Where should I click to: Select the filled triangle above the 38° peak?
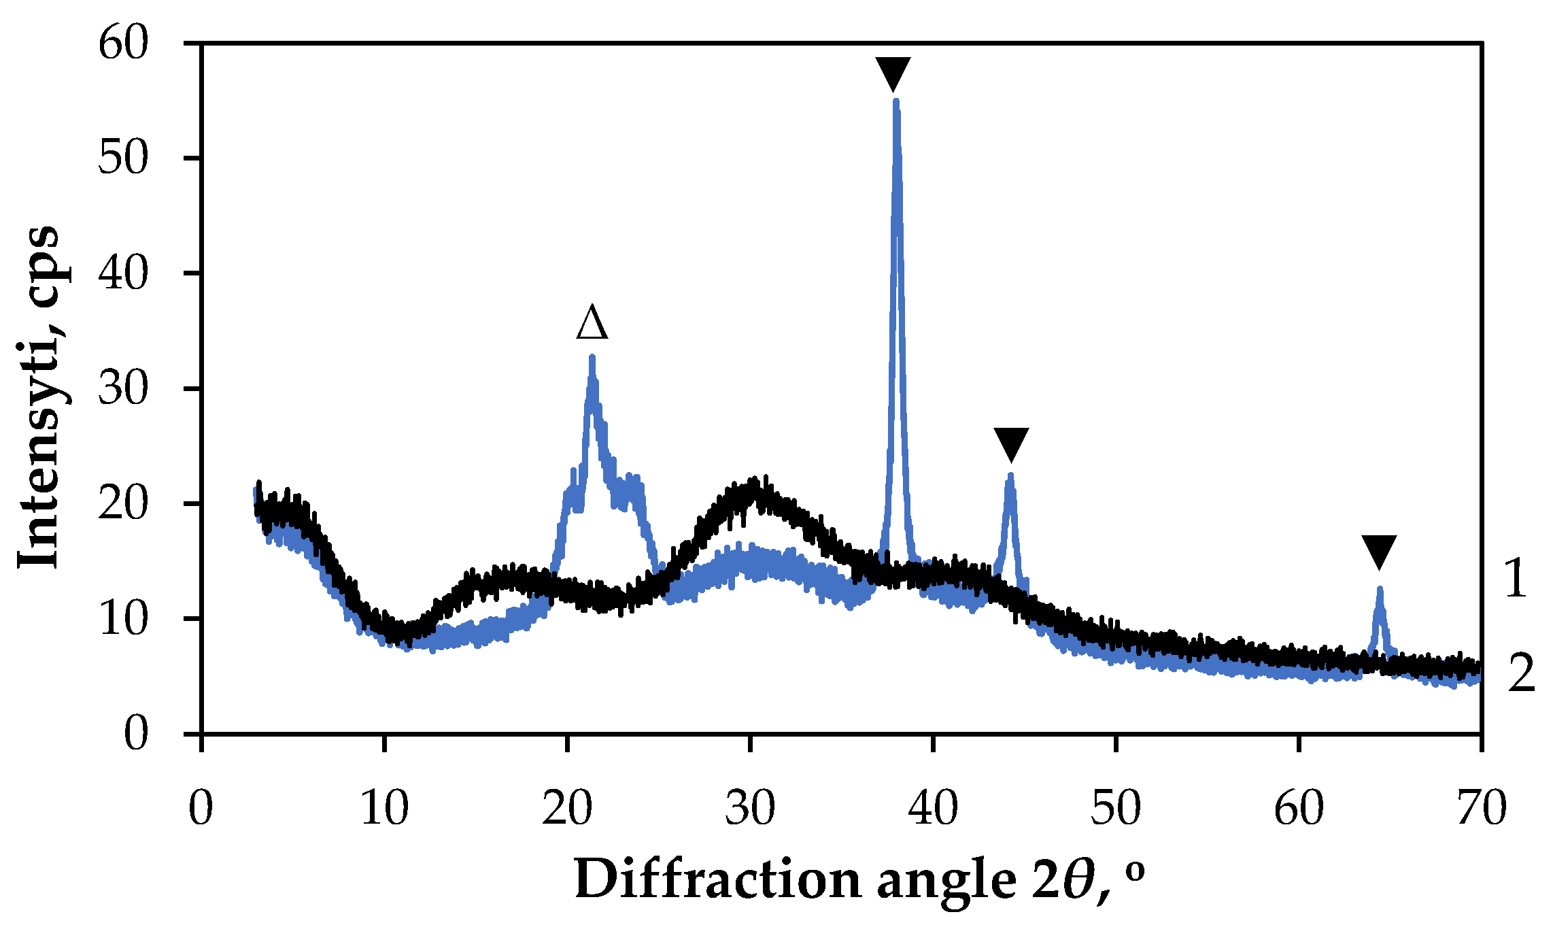[x=893, y=73]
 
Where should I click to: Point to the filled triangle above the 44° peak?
[x=1011, y=444]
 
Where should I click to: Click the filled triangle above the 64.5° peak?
[x=1379, y=551]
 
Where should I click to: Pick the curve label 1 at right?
[x=1515, y=579]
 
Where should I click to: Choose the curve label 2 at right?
[x=1522, y=673]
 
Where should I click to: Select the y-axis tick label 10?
[x=123, y=620]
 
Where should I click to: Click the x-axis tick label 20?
[x=567, y=809]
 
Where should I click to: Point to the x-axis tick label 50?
[x=1116, y=809]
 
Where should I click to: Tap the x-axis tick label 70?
[x=1482, y=809]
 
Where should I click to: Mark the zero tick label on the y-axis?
[x=135, y=735]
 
